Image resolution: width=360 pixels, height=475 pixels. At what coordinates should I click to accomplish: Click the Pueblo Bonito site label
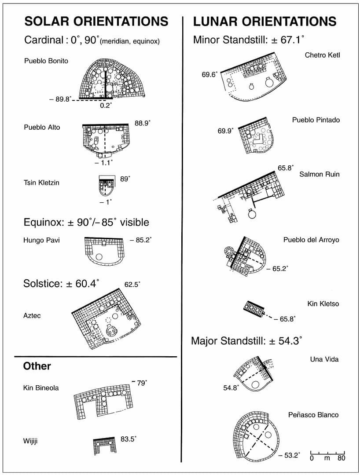pos(46,61)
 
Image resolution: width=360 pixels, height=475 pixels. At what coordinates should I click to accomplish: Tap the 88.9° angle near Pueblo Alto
pos(142,124)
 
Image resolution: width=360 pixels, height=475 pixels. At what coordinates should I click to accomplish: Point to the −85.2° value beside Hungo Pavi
pos(141,240)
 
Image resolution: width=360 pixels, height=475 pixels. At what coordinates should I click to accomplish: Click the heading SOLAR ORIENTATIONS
pos(96,21)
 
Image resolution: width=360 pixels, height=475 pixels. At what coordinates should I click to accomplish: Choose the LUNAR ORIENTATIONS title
pos(264,21)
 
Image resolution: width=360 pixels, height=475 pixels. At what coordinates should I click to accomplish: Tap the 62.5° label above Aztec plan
pos(132,285)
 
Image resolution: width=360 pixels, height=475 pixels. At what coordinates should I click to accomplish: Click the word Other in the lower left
pos(37,366)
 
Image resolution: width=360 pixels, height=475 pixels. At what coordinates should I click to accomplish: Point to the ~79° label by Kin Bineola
pos(139,383)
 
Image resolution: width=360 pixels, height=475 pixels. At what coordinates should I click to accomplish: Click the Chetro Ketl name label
pos(322,55)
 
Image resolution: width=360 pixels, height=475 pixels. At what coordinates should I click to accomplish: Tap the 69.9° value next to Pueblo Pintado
pos(226,131)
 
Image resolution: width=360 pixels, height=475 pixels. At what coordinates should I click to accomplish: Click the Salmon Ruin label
pos(319,174)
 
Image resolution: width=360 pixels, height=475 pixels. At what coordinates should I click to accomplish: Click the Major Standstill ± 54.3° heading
pos(246,341)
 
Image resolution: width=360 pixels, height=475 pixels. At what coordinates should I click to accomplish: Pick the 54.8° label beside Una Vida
pos(231,388)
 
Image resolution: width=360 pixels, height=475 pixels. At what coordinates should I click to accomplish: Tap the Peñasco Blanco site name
pos(313,415)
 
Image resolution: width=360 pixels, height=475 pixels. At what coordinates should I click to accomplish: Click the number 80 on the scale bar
pos(341,458)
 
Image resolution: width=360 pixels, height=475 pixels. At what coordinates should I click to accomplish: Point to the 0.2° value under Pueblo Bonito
pos(106,106)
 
